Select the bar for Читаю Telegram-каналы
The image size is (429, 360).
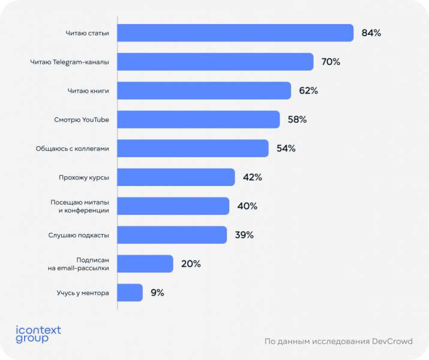215,62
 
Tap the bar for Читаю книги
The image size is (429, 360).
204,91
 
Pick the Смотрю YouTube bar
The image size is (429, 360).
198,119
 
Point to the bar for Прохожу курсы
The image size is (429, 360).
176,177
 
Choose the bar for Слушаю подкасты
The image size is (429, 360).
172,235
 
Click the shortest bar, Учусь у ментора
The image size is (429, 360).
130,292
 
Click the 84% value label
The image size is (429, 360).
371,33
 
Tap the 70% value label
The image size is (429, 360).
331,62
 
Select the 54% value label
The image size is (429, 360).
286,148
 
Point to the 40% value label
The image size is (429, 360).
247,206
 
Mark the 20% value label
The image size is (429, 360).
191,263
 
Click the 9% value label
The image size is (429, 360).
157,292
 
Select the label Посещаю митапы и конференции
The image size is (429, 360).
79,206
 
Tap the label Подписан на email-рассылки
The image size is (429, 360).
79,263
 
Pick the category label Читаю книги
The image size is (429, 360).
88,91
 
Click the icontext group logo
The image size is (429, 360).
38,334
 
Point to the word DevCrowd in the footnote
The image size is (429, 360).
394,341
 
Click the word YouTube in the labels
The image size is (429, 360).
95,119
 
